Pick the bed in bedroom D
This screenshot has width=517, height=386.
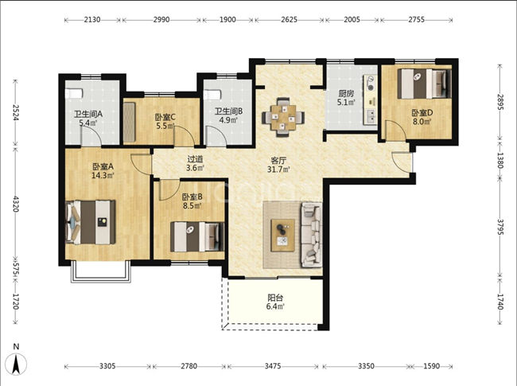click(424, 84)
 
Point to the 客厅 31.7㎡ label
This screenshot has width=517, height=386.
click(279, 163)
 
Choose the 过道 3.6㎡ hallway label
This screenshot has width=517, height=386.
click(195, 163)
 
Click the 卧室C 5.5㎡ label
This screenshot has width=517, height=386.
click(165, 122)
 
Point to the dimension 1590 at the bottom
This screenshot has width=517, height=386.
click(430, 366)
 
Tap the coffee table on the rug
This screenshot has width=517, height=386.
click(282, 232)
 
